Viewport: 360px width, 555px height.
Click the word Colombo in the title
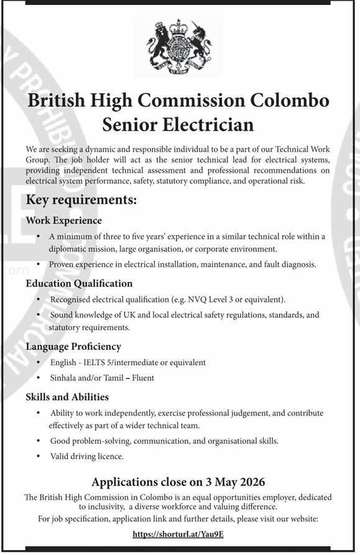pyautogui.click(x=290, y=100)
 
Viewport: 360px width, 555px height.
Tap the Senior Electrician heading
pyautogui.click(x=178, y=124)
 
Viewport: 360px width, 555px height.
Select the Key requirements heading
pyautogui.click(x=81, y=200)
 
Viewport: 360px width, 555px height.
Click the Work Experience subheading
pyautogui.click(x=63, y=220)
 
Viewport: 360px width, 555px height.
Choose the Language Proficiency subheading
pyautogui.click(x=73, y=346)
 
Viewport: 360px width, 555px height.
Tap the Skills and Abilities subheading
pyautogui.click(x=67, y=396)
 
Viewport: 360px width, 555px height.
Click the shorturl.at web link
pyautogui.click(x=179, y=534)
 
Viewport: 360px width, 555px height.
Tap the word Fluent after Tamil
pyautogui.click(x=143, y=378)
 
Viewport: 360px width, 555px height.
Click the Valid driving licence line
pyautogui.click(x=87, y=456)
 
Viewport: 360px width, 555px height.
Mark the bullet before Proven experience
pyautogui.click(x=39, y=264)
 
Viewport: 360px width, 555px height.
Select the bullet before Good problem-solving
pyautogui.click(x=39, y=441)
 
